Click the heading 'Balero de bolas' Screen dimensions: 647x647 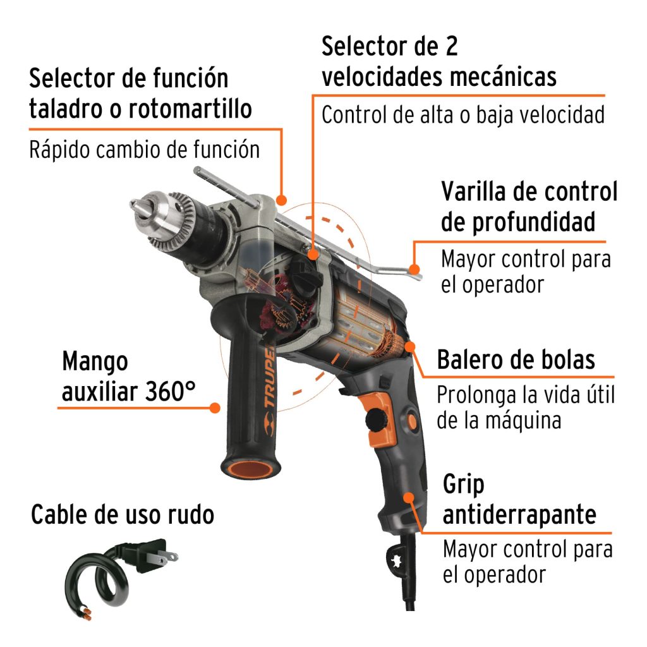click(516, 360)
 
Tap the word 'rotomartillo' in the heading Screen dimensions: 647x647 click(190, 109)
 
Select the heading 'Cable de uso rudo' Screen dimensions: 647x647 click(123, 515)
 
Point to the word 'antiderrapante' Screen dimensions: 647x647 click(519, 514)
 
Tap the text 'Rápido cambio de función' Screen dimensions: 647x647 click(144, 150)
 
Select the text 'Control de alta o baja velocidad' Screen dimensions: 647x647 click(463, 114)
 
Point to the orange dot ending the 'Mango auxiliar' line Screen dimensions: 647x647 click(215, 408)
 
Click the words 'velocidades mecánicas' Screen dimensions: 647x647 click(438, 76)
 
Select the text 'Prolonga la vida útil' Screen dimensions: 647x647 click(525, 396)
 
